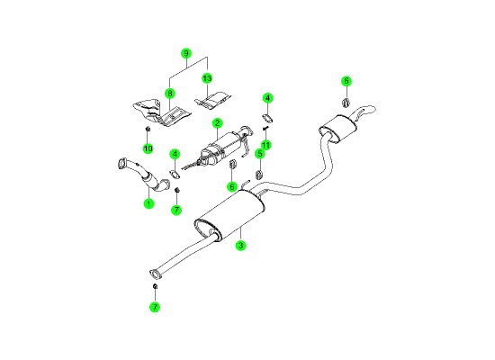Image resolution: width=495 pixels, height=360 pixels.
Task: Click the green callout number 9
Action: [x=186, y=53]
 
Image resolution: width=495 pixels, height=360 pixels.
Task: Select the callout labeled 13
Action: [x=207, y=78]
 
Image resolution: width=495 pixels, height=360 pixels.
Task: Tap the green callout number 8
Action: [x=170, y=94]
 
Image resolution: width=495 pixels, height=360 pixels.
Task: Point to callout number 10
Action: [x=148, y=148]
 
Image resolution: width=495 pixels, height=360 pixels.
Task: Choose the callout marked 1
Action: [x=148, y=203]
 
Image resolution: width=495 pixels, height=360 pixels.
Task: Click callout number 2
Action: [x=217, y=123]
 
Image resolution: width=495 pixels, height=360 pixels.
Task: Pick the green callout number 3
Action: [x=240, y=245]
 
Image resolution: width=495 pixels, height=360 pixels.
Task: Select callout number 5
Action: [x=260, y=154]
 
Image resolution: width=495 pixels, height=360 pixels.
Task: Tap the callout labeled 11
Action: [x=265, y=145]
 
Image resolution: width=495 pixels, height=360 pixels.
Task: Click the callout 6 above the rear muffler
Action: [x=346, y=81]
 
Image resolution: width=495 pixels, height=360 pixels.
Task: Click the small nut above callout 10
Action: [x=148, y=129]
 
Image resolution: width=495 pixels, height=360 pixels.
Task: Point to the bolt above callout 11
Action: [x=265, y=128]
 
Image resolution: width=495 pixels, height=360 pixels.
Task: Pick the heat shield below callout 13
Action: [x=212, y=101]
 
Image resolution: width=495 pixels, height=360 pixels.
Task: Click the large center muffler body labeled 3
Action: [x=229, y=215]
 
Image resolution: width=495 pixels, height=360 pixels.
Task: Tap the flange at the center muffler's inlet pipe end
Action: [x=155, y=274]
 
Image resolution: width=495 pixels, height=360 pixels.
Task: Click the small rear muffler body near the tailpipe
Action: [x=337, y=129]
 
